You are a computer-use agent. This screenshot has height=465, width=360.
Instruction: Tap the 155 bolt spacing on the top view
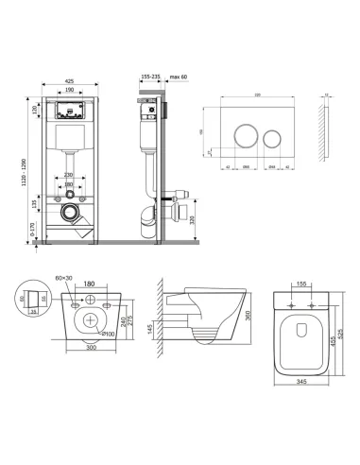(301, 283)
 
